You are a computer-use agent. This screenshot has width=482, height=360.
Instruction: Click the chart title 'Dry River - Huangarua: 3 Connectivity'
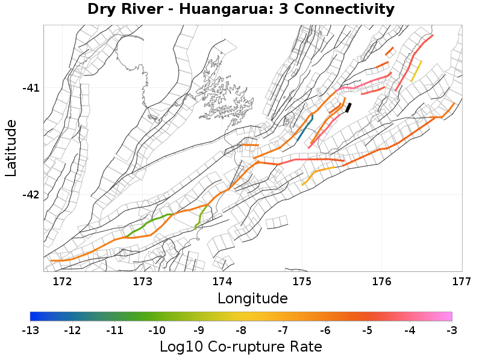pos(241,10)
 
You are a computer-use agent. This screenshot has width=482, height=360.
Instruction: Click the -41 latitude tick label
pos(31,88)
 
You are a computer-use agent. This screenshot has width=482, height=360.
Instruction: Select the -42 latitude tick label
pos(31,195)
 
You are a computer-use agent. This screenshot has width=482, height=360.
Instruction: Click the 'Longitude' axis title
pos(252,298)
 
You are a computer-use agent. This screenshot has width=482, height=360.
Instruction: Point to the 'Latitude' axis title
pos(11,148)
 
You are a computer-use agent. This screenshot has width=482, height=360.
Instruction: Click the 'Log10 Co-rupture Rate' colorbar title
pos(241,347)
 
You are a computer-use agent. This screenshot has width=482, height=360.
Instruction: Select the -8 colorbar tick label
pos(241,330)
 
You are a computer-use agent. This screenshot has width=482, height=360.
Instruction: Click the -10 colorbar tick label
pos(157,330)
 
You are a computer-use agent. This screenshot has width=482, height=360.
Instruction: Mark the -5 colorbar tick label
pos(368,330)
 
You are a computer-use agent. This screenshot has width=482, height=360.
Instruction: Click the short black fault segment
pos(348,107)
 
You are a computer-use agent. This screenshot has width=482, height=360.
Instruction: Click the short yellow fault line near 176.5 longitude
pos(416,71)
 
